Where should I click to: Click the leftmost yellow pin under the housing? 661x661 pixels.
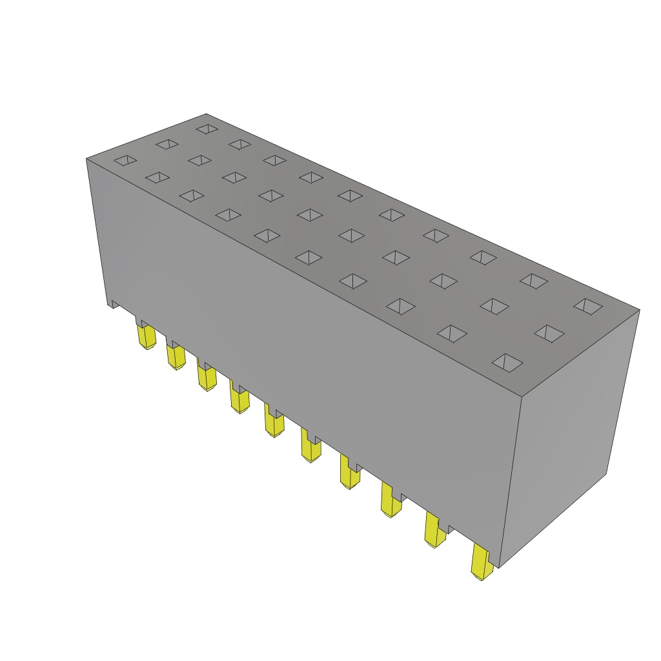147,336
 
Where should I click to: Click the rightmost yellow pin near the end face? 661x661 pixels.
481,562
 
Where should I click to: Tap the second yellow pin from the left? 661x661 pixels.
176,356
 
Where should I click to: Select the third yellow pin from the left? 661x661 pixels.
207,377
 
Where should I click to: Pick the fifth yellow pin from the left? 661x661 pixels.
274,423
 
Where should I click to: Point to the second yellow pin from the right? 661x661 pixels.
434,531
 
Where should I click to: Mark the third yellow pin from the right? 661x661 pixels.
390,500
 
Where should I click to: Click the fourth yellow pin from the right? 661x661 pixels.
349,473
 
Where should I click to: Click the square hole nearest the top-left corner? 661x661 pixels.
125,160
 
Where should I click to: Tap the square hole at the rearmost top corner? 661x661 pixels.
207,129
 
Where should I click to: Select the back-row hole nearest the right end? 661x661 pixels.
588,306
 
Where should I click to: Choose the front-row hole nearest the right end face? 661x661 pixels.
507,362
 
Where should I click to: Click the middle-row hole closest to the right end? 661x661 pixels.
549,333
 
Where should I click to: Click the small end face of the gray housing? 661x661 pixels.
568,439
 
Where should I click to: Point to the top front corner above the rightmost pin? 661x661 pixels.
521,396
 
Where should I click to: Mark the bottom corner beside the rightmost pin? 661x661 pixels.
499,567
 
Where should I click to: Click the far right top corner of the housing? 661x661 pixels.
639,310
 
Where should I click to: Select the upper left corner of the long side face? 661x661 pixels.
87,159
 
